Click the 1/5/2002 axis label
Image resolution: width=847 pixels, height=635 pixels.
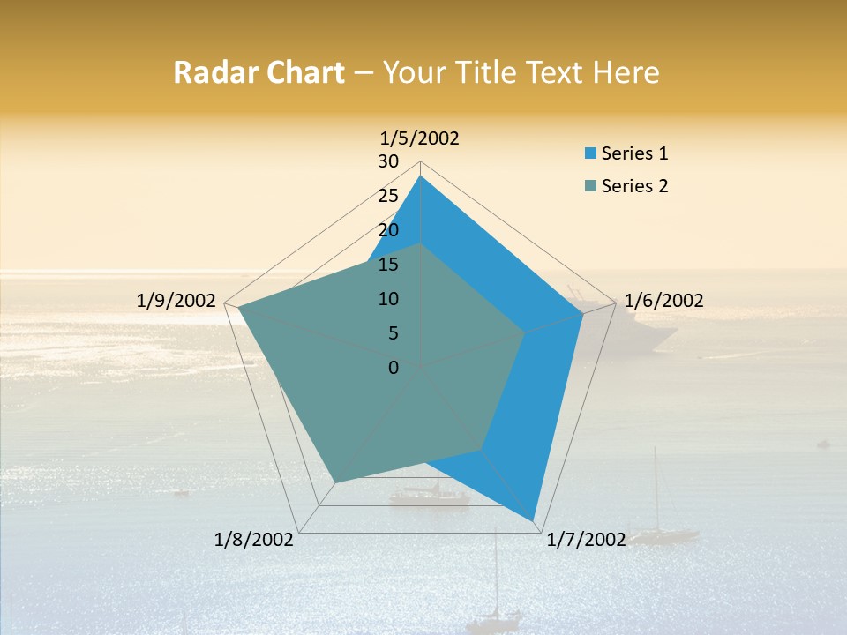420,138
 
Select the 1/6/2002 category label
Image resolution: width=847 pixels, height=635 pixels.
663,301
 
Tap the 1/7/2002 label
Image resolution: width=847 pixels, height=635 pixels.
587,540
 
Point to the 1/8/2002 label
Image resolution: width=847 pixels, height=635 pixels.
254,540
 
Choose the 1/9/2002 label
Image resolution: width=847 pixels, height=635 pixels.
176,301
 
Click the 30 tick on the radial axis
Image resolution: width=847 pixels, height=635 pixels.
388,161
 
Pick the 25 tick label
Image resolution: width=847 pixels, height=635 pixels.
388,196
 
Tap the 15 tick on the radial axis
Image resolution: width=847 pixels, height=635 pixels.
388,265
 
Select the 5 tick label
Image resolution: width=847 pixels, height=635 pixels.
394,333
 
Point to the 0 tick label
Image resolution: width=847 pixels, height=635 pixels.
394,368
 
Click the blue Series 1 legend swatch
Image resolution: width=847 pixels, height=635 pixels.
590,153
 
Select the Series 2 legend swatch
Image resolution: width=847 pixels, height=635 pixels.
590,186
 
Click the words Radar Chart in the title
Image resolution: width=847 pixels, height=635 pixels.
259,72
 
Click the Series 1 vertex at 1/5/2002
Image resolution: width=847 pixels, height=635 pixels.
421,176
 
